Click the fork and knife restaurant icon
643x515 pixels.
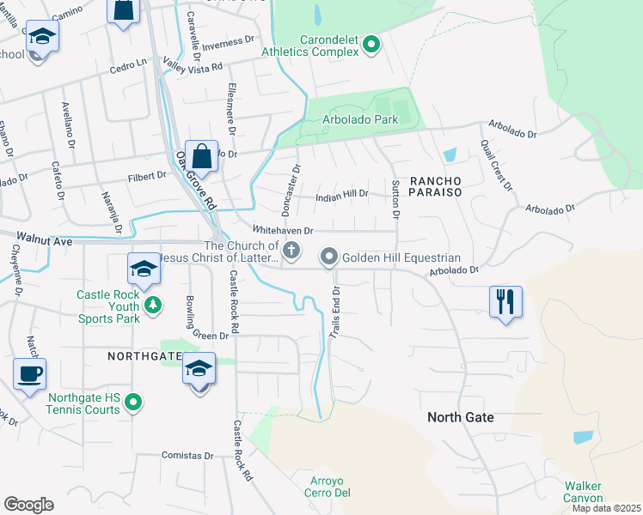505,302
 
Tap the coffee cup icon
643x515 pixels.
29,374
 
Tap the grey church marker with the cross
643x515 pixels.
292,251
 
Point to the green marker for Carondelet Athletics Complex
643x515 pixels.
371,44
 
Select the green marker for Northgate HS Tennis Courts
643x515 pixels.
133,401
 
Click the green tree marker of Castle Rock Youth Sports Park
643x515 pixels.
152,305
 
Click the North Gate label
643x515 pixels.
461,417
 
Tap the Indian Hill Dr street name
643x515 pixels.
342,194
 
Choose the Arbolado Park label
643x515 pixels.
359,119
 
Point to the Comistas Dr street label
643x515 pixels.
186,456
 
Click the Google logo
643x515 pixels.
28,505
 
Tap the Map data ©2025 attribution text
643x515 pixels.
606,508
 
